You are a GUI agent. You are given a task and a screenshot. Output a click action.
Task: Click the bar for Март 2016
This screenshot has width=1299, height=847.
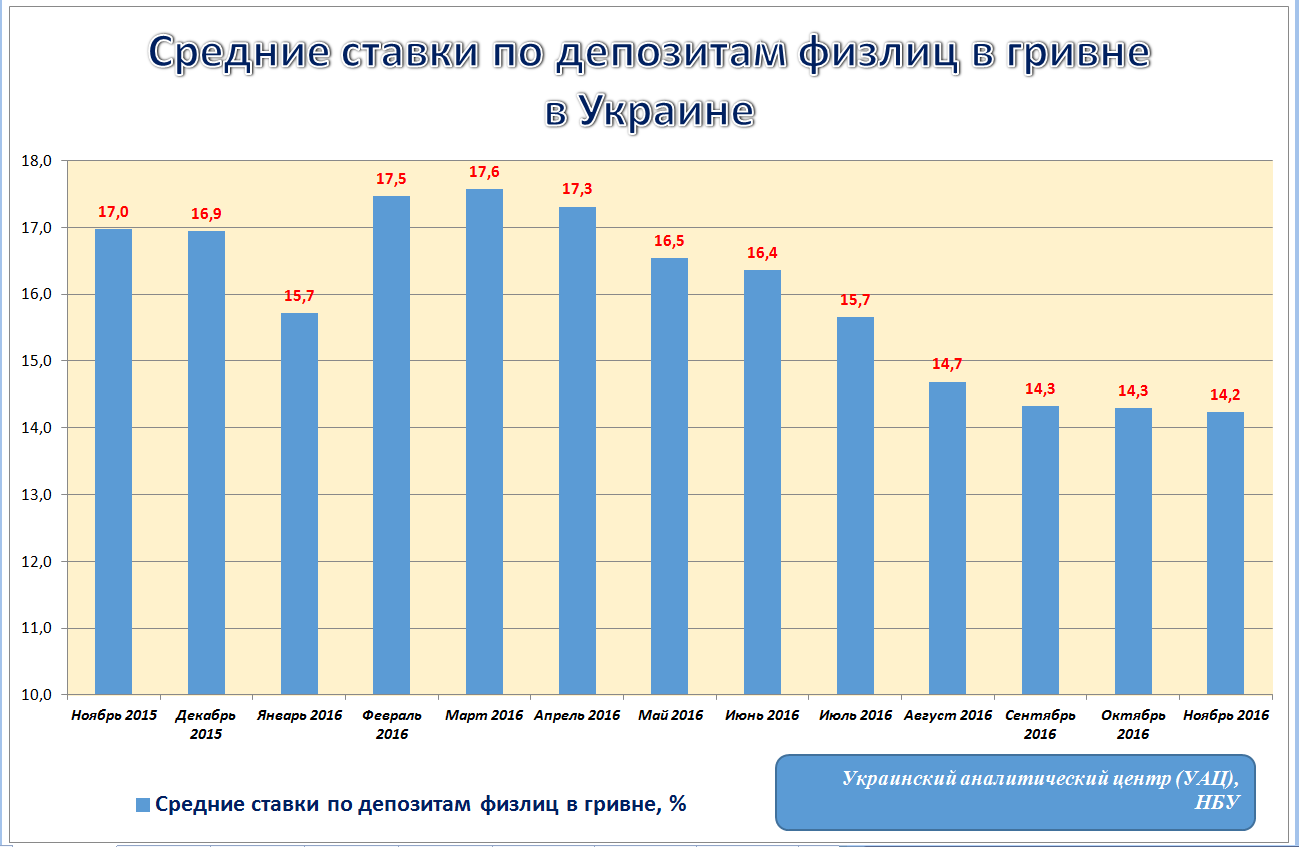[484, 440]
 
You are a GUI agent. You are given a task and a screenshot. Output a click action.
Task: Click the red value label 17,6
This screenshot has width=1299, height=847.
[484, 173]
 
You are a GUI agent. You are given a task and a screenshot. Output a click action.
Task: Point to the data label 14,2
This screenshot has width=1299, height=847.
[1225, 395]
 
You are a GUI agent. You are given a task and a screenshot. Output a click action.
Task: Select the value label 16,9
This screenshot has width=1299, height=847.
[207, 214]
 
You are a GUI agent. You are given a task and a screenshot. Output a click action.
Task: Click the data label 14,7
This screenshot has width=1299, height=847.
[947, 365]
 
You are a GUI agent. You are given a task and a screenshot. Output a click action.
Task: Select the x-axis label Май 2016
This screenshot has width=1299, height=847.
[670, 716]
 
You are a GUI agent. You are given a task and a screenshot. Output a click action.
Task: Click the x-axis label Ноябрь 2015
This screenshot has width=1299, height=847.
[114, 716]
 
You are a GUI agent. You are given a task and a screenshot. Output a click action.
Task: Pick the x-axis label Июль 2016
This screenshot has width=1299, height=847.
[855, 716]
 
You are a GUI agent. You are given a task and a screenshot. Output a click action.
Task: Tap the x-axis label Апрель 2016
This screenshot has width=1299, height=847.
[577, 716]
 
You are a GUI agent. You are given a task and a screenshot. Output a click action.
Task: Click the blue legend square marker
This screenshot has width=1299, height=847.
[142, 805]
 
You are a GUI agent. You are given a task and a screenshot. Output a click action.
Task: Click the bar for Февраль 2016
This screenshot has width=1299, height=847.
[391, 445]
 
